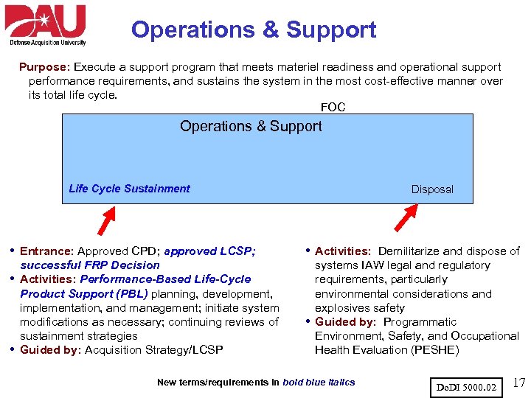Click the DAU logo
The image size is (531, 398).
(x=46, y=25)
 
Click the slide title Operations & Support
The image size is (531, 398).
(x=254, y=30)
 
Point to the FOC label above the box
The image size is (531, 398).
(x=333, y=108)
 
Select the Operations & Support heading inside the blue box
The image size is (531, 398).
(x=251, y=126)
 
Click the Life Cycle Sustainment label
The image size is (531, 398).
(x=129, y=189)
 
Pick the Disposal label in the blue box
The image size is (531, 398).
(x=432, y=189)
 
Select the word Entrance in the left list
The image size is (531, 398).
(x=45, y=251)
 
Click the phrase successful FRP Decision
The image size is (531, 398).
(x=90, y=265)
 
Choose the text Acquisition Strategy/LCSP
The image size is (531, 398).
(x=153, y=349)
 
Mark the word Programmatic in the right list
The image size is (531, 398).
(x=420, y=321)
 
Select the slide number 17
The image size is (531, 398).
(x=518, y=383)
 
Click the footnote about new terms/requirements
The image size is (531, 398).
(x=256, y=382)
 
